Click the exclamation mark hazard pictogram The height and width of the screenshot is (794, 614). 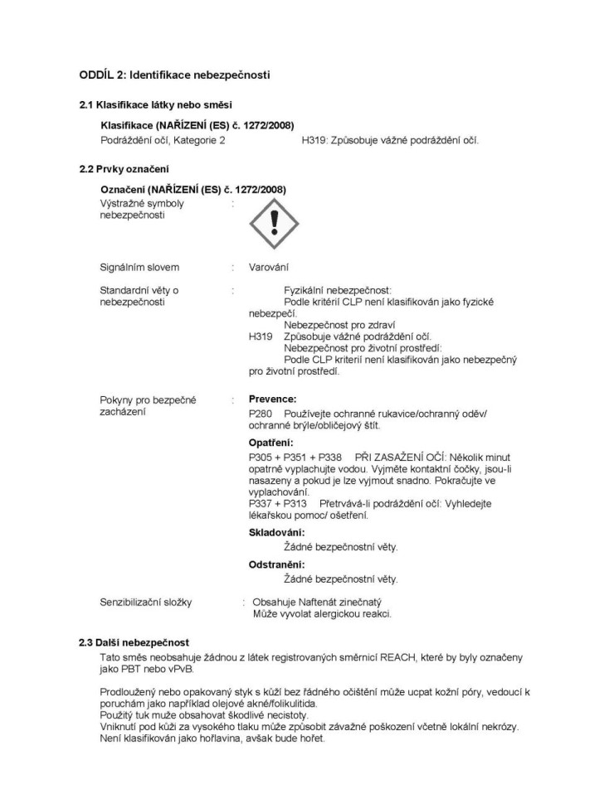point(274,222)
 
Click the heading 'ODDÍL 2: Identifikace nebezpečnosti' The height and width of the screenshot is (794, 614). point(174,75)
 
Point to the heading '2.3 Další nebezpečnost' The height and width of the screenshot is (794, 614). point(134,642)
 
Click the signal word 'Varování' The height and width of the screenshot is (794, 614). point(269,267)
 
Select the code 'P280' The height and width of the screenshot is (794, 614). point(261,413)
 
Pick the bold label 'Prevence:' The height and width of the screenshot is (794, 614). point(272,399)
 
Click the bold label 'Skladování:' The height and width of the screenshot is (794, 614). point(276,532)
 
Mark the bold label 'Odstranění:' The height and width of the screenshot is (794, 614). point(276,564)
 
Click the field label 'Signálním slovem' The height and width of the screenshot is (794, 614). point(139,267)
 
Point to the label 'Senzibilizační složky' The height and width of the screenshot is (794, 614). point(145,602)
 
